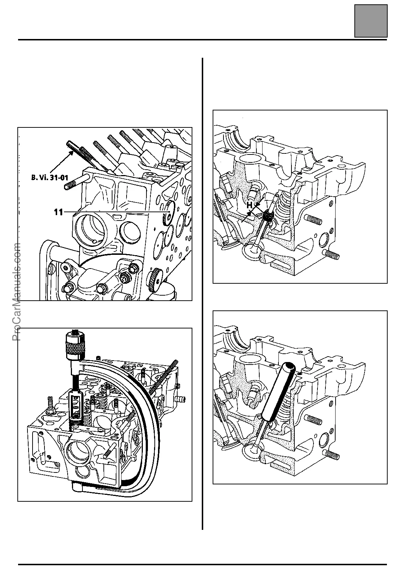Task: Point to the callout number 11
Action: pos(58,212)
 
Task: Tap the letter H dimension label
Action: pos(249,205)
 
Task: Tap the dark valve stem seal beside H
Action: pos(268,216)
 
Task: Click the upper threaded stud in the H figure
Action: pos(314,219)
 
